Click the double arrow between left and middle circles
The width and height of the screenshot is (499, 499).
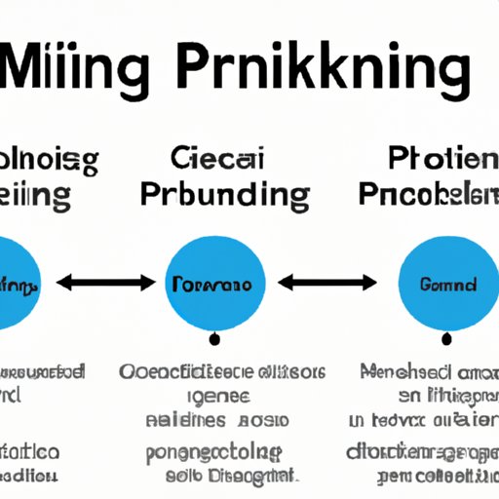pos(106,285)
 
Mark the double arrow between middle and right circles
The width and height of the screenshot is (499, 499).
pos(327,285)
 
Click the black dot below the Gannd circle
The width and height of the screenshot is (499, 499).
pos(445,340)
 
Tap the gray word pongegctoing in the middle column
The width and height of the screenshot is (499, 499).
pos(211,453)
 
